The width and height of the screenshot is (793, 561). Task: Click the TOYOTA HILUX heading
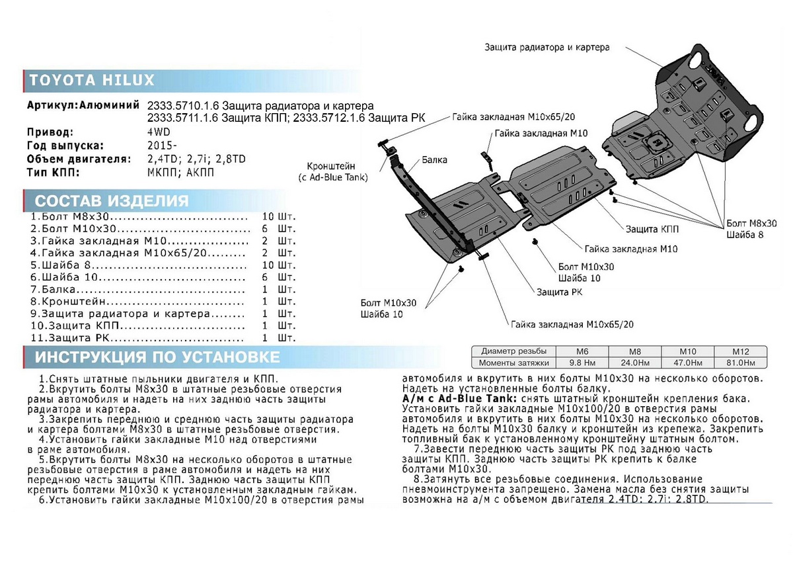coord(92,81)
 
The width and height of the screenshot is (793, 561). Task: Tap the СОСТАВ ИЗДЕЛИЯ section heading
coord(112,201)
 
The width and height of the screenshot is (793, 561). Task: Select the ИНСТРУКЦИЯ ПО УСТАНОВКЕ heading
coord(157,358)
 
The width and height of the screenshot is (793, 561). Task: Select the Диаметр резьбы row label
coord(513,351)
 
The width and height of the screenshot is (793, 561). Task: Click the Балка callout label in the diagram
coord(435,159)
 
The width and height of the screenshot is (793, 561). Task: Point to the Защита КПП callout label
coord(652,228)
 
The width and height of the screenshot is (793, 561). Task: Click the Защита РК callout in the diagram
coord(558,292)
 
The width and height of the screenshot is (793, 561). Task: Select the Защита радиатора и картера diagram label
coord(547,48)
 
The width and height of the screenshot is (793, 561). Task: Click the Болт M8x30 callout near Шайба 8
coord(751,224)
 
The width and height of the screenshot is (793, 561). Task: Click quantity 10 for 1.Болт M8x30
coord(268,216)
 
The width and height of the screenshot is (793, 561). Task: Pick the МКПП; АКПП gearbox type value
coord(181,173)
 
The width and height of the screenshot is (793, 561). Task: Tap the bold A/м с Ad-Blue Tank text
coord(459,400)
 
